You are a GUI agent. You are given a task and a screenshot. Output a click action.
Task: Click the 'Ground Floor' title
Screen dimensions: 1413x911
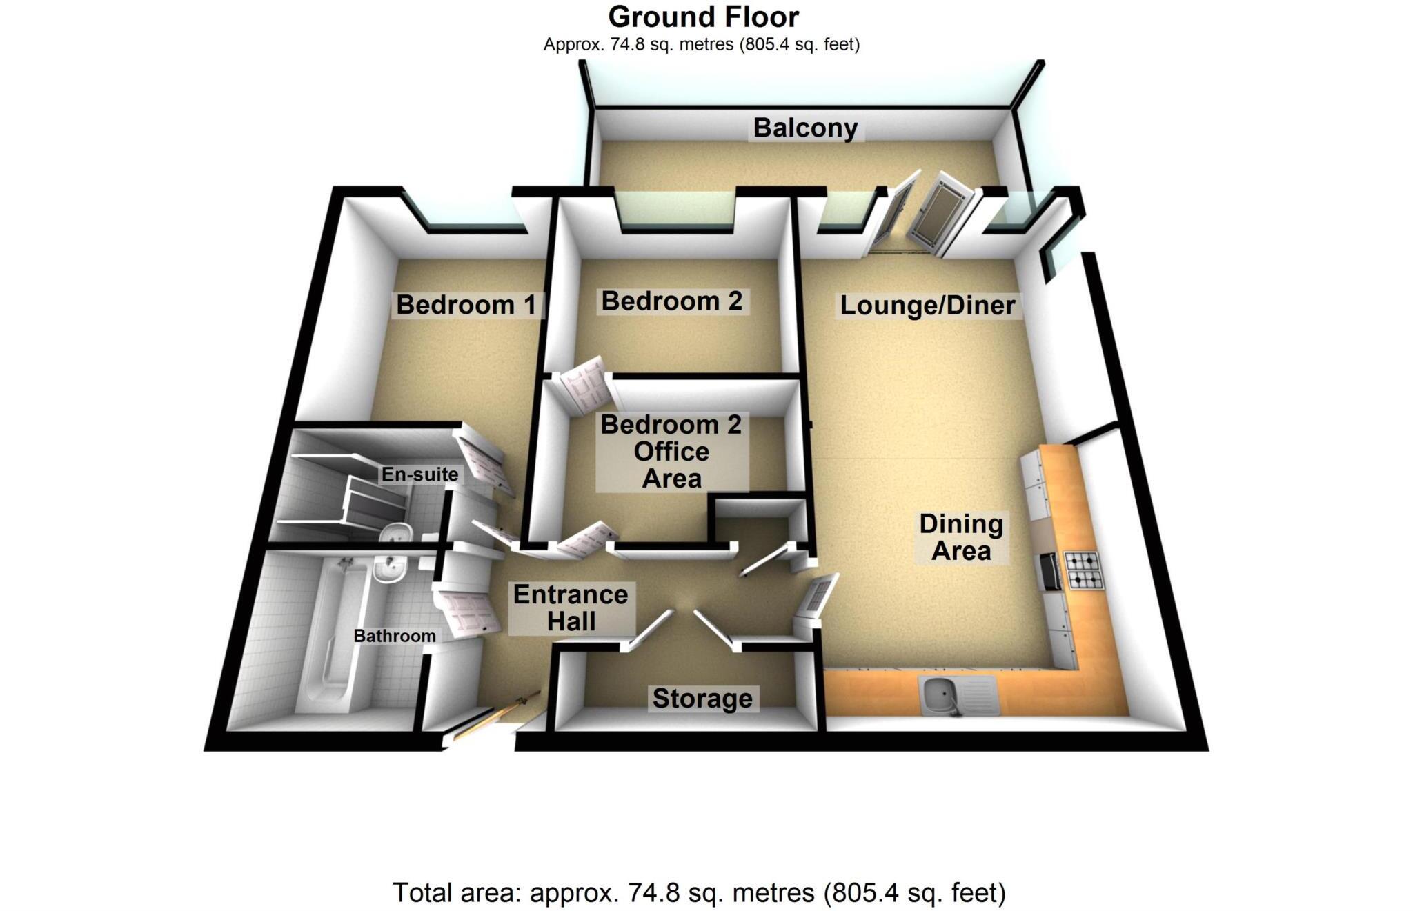[703, 17]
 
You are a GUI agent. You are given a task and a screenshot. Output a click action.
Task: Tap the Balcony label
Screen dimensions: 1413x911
[805, 128]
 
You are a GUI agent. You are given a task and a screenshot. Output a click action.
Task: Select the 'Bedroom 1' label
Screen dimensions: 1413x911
[466, 305]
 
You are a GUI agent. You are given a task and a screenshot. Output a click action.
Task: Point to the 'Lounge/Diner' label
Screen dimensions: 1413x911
[927, 306]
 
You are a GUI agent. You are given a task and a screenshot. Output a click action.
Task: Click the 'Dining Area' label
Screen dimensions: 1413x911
[960, 537]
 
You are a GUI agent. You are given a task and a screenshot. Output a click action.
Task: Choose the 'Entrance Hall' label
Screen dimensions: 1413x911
[571, 608]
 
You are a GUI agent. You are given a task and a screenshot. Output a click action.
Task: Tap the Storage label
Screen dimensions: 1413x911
[702, 699]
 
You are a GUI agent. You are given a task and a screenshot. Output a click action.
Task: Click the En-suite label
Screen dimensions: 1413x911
[419, 474]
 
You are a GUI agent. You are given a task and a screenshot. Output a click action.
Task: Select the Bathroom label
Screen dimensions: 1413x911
[394, 636]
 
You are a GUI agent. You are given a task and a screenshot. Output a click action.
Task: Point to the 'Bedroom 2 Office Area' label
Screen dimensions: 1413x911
[671, 452]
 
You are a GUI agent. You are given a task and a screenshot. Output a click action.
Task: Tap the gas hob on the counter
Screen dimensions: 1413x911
[1085, 570]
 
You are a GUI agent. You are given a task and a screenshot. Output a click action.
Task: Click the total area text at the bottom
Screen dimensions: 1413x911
[699, 892]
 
